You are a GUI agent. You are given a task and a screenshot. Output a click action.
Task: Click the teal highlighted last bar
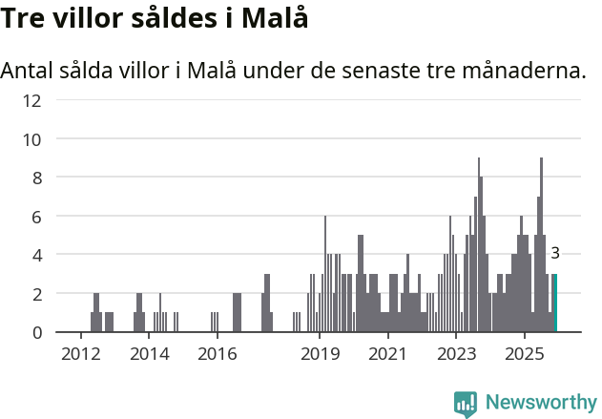555,304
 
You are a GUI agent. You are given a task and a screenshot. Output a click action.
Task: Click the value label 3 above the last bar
555,253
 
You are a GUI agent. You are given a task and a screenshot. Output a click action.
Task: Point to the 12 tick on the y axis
32,100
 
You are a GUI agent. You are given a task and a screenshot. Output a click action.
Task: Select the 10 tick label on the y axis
32,139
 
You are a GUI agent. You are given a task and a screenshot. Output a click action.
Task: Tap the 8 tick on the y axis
37,178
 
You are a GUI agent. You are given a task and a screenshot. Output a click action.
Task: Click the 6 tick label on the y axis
37,217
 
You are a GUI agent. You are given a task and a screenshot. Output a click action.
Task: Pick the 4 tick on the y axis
37,256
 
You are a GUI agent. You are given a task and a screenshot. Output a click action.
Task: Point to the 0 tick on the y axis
37,333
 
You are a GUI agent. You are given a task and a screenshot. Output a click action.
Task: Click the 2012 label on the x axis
81,355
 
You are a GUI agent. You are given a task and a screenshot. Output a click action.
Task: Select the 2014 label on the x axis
149,355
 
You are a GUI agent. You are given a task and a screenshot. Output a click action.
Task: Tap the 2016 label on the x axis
217,355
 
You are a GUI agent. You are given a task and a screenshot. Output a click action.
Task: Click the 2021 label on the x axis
387,355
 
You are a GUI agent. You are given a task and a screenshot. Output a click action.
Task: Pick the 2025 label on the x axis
524,355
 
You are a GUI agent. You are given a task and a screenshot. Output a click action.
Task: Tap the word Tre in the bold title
26,18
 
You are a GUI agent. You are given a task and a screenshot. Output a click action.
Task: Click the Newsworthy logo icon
466,403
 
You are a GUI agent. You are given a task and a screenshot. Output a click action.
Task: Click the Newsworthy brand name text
540,403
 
